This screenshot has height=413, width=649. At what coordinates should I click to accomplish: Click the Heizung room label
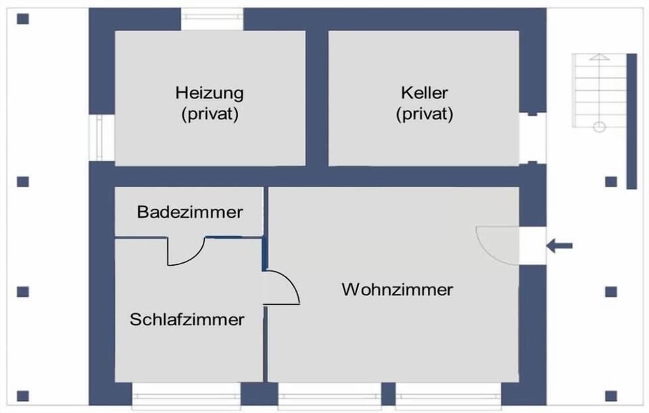point(210,93)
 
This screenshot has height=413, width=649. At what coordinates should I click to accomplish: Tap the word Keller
point(425,93)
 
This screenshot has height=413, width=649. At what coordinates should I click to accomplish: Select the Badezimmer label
point(189,212)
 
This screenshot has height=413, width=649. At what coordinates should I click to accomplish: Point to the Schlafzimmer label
point(187,320)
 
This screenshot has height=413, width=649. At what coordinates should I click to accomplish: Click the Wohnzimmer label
point(397,289)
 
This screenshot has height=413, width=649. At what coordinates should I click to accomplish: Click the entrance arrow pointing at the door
point(559,246)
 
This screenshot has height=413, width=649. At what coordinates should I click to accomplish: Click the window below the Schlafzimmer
point(187,396)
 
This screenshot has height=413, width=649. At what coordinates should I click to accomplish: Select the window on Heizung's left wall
point(100,137)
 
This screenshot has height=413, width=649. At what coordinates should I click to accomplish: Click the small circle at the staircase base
point(600,126)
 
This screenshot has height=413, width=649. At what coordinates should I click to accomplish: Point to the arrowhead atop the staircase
point(600,57)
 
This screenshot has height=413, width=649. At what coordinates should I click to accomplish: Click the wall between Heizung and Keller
point(316,99)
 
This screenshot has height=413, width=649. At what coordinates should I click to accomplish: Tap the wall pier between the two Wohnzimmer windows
point(388,393)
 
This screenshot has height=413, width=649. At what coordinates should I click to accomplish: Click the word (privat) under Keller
point(425,114)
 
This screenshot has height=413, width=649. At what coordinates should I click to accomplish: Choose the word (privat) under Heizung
point(210,114)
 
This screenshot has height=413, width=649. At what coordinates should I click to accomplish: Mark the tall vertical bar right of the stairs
point(631,121)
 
